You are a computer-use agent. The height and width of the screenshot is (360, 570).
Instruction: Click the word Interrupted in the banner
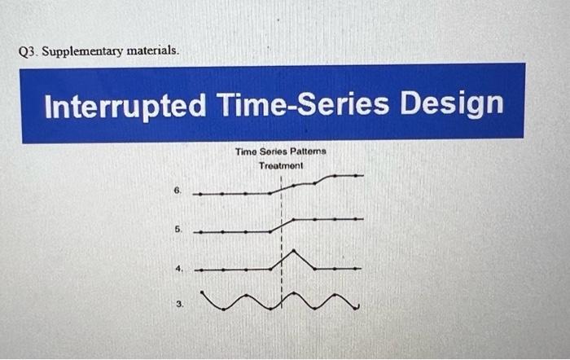124,106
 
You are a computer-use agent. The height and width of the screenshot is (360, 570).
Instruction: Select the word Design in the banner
452,104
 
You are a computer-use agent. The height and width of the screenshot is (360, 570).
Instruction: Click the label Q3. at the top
27,51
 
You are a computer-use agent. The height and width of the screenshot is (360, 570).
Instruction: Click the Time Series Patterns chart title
280,151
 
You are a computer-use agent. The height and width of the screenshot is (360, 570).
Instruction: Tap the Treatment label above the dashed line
281,165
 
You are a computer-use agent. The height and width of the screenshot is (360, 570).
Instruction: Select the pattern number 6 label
177,192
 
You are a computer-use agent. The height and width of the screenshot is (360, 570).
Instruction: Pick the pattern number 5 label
177,230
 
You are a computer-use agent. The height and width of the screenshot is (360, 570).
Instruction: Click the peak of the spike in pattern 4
292,251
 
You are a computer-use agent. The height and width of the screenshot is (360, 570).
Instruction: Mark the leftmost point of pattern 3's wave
201,295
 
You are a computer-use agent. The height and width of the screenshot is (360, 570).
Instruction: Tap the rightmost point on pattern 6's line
362,175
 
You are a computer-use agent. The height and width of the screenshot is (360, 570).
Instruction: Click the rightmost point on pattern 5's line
362,218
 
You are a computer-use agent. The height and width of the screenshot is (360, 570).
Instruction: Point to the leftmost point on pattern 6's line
195,194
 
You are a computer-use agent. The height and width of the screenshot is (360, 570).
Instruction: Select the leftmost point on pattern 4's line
195,269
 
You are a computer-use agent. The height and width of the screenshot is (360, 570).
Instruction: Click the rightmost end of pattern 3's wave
358,309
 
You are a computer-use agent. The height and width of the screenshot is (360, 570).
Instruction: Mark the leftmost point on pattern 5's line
195,232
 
